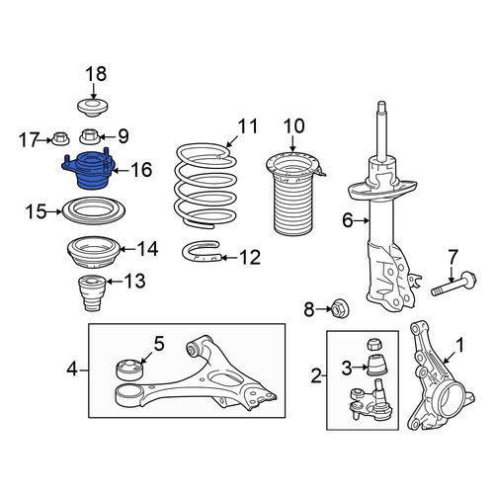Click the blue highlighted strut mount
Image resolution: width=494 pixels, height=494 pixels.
click(88, 171)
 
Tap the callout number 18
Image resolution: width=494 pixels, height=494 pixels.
click(96, 74)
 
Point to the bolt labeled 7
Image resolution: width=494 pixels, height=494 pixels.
click(453, 283)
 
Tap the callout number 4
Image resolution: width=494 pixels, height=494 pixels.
click(72, 370)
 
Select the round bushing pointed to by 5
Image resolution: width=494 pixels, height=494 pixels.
click(130, 370)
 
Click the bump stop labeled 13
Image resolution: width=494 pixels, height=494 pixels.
click(92, 292)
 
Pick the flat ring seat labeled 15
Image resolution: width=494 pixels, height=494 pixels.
click(94, 210)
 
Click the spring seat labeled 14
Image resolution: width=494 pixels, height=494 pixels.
click(94, 253)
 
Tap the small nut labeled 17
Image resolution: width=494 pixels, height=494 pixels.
click(60, 138)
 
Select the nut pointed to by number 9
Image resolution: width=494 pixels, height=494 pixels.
click(90, 136)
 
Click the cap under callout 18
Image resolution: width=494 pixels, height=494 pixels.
click(93, 108)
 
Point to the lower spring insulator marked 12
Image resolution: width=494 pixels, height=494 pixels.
click(202, 252)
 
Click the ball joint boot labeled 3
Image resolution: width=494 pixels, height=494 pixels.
click(376, 365)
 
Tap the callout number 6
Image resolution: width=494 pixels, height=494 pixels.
click(348, 220)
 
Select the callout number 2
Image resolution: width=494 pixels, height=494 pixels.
click(316, 375)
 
